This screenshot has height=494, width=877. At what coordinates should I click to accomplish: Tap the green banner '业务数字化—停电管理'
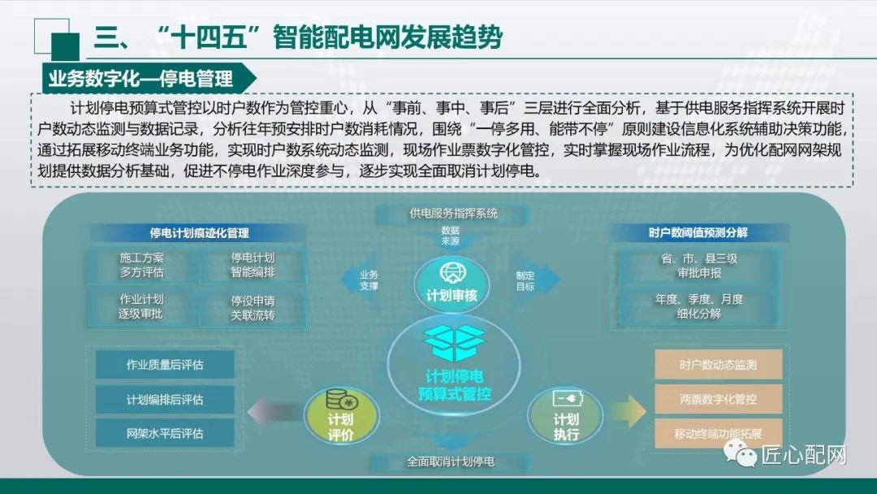click(141, 78)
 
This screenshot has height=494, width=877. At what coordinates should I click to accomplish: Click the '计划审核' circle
click(451, 285)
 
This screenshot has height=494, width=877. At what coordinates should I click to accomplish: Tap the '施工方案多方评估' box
click(142, 265)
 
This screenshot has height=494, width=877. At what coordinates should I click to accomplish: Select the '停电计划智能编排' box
click(253, 265)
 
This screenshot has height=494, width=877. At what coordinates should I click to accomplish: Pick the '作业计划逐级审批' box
click(142, 306)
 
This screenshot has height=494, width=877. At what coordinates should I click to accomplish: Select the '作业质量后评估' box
click(165, 365)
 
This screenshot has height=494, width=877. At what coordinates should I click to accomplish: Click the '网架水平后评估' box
click(165, 433)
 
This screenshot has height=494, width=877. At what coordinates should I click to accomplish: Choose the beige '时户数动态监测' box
click(718, 365)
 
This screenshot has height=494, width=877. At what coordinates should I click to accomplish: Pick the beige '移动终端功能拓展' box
click(718, 433)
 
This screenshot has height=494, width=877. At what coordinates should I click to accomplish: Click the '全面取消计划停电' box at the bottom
click(451, 462)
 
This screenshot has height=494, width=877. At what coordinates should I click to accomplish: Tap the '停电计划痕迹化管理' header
click(200, 233)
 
